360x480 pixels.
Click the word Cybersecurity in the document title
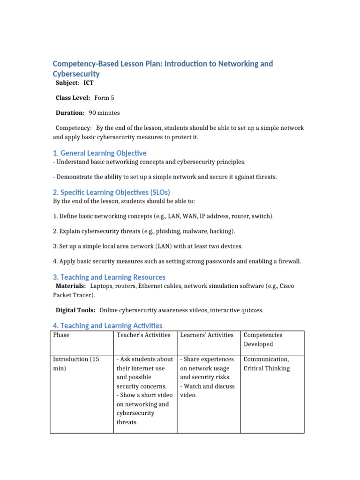[x=76, y=74]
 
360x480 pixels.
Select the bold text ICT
[x=89, y=83]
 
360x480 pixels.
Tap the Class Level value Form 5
[x=104, y=98]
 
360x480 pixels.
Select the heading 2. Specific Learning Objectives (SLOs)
[x=111, y=192]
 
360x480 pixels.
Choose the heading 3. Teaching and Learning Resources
[x=109, y=277]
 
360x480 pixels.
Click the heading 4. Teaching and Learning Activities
[x=107, y=325]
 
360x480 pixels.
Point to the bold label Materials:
[x=71, y=286]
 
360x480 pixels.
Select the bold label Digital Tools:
[x=75, y=310]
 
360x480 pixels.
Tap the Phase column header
[x=61, y=335]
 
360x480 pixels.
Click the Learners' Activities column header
[x=207, y=335]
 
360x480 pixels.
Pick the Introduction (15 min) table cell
[x=76, y=364]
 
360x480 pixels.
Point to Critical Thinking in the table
[x=267, y=368]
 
